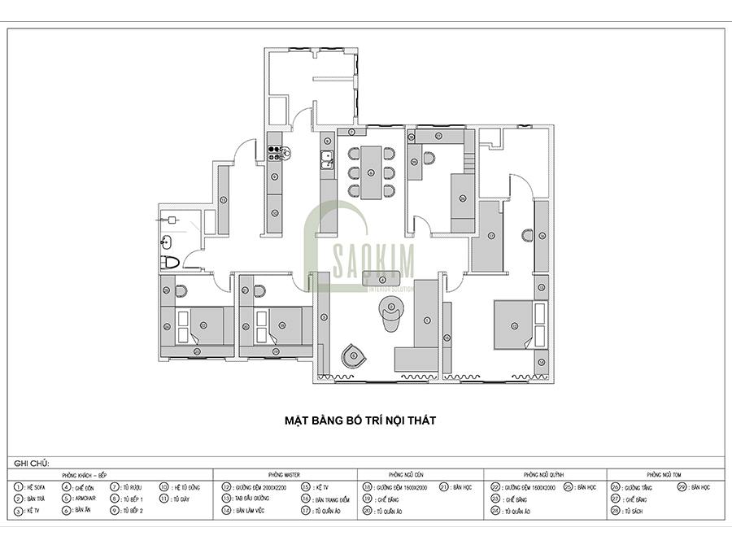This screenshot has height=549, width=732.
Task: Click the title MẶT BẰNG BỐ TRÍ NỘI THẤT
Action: [360, 420]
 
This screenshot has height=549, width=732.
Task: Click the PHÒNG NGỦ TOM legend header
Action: [664, 473]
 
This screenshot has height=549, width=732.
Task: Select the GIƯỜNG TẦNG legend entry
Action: [638, 486]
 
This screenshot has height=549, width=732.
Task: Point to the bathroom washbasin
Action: [166, 241]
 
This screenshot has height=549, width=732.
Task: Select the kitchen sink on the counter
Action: [327, 159]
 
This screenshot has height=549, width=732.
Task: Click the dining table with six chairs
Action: [371, 172]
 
